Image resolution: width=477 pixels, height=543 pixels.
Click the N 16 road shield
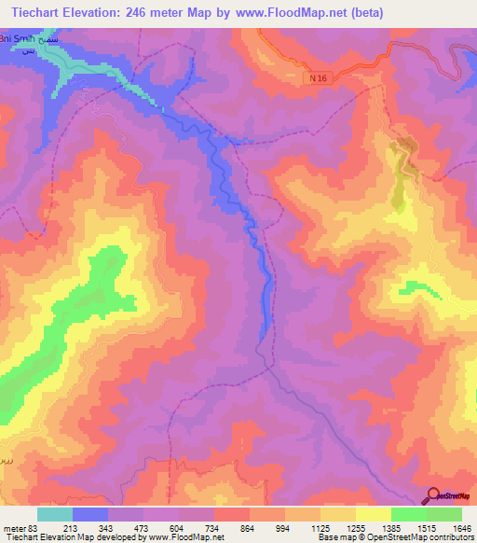[320, 80]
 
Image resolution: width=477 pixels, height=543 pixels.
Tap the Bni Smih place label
[20, 41]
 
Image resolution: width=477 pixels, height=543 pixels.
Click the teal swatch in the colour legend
[55, 514]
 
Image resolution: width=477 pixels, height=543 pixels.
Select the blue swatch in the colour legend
[90, 514]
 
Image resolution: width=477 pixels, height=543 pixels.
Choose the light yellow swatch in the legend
[373, 514]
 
